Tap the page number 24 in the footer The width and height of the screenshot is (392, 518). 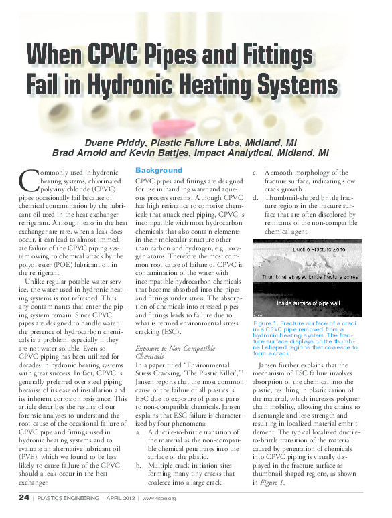tap(23, 498)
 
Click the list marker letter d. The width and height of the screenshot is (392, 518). tap(255, 198)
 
